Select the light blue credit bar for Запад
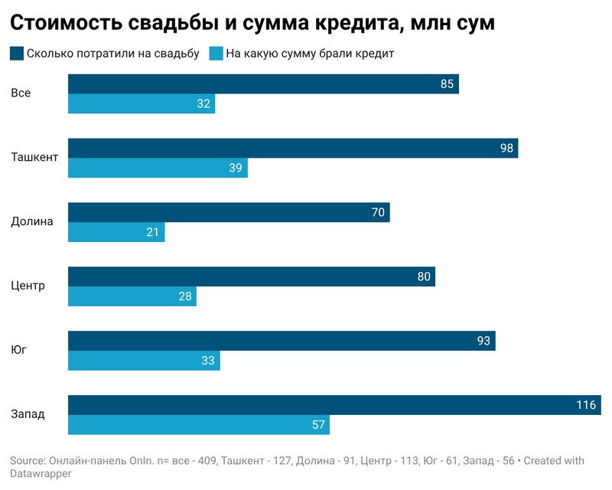tap(199, 424)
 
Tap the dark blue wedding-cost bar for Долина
tap(229, 212)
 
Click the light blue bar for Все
tap(142, 103)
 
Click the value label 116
tap(586, 405)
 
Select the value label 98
tap(506, 148)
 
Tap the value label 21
tap(153, 232)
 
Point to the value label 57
tap(318, 424)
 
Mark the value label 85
tap(448, 83)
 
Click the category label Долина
tap(32, 222)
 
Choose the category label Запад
tap(28, 414)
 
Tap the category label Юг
tap(19, 350)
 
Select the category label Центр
tap(28, 286)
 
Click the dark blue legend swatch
tap(17, 54)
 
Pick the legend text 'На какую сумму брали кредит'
tap(310, 54)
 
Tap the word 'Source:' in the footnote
tap(28, 461)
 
